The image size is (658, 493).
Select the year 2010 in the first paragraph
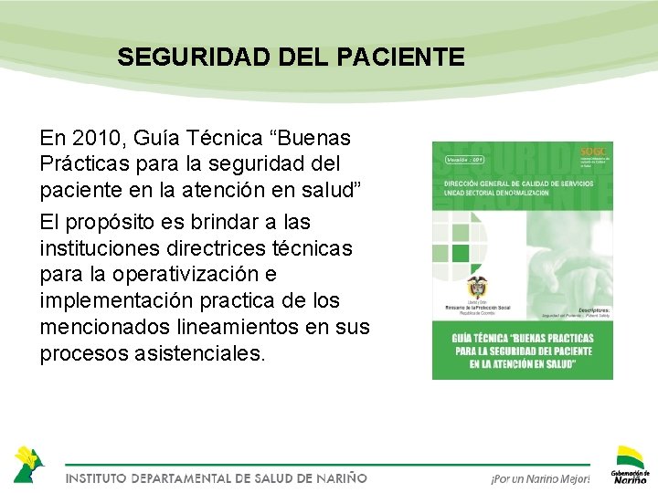point(98,139)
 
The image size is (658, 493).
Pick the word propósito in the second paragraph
point(108,222)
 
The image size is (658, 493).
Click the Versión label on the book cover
point(467,159)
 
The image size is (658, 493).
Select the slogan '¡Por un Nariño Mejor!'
point(540,478)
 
